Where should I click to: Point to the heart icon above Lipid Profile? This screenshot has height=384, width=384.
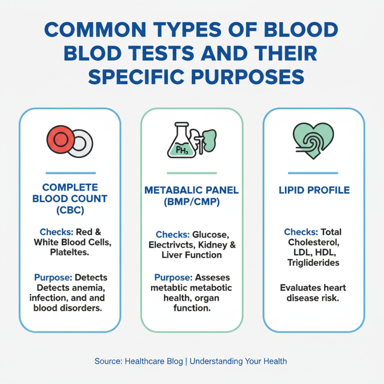(313, 139)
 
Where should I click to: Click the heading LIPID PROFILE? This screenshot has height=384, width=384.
(314, 191)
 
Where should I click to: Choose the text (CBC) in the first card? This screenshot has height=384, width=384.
(70, 210)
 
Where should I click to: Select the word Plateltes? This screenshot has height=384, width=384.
(70, 253)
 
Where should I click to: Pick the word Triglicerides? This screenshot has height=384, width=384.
(313, 263)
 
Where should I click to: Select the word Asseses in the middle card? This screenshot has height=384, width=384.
(213, 277)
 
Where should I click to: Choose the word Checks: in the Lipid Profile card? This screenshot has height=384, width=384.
(300, 232)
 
